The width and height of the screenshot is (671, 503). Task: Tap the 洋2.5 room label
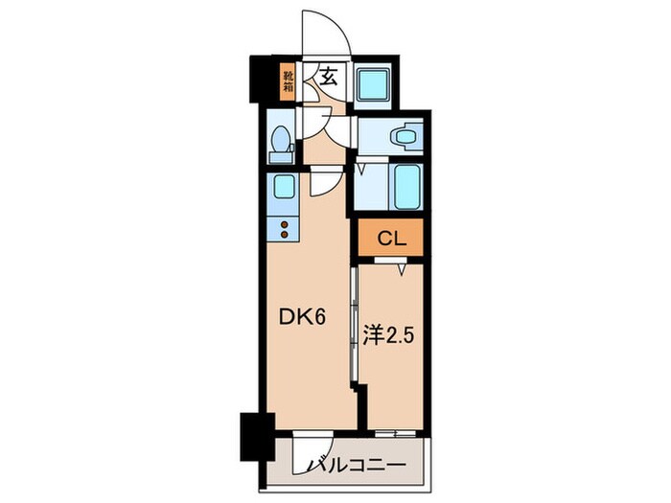(390, 337)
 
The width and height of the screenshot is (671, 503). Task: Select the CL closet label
(391, 239)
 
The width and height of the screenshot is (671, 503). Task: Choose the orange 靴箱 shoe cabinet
(288, 80)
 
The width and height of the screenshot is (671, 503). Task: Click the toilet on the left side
(281, 144)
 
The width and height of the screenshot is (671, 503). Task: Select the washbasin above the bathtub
(405, 137)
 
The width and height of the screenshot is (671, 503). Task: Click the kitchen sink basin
(283, 187)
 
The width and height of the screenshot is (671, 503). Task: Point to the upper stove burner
(283, 224)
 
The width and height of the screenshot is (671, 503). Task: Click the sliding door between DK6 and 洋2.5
(356, 326)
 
